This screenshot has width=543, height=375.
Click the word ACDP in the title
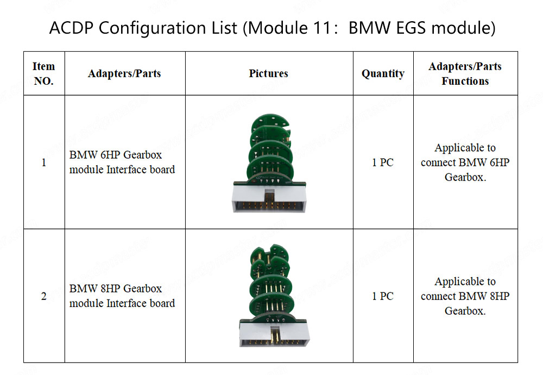(71, 28)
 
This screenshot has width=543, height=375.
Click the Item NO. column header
(43, 73)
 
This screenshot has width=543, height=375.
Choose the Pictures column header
(268, 73)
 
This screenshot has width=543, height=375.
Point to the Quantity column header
(383, 74)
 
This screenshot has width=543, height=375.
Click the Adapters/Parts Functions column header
(465, 73)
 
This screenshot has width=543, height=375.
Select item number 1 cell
(43, 162)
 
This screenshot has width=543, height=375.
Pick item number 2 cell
(43, 296)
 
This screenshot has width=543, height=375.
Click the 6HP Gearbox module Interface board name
(122, 162)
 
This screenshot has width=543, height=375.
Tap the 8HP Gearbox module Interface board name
(122, 296)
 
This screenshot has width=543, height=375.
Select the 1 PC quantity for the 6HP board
(383, 162)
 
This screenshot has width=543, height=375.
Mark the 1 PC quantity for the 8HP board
(383, 296)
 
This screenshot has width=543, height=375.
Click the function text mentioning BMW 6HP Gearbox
(465, 162)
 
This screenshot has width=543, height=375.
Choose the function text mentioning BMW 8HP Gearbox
(465, 296)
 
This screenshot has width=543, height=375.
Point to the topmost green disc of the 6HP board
(270, 122)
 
